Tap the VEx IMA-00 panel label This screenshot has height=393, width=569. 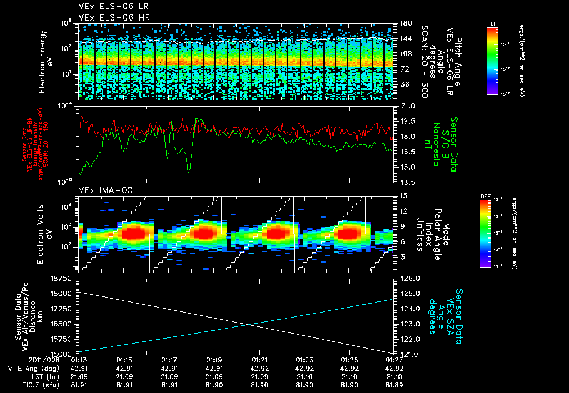(x=98, y=190)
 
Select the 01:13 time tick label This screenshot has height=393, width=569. (x=79, y=360)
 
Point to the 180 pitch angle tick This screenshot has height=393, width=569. (x=405, y=23)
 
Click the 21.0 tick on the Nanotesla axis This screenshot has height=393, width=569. (x=407, y=105)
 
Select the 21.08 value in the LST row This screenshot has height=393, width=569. (x=79, y=376)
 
